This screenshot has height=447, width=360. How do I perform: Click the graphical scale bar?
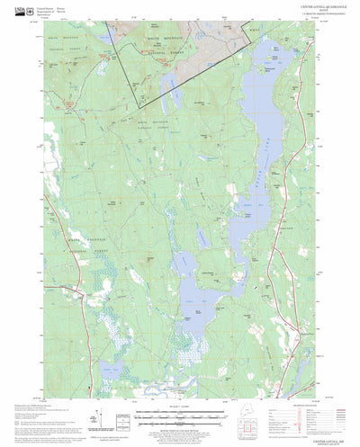point(180,416)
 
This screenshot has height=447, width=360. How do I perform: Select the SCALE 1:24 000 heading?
point(180,409)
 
